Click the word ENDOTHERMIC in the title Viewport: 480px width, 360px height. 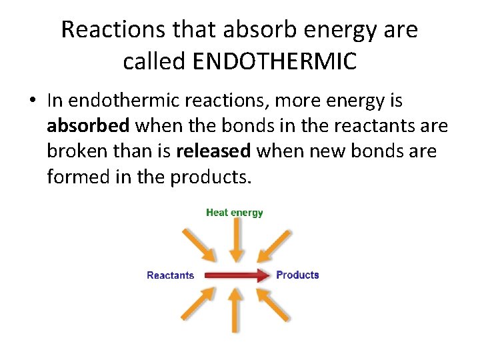pos(274,61)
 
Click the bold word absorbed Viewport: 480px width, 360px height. pos(88,126)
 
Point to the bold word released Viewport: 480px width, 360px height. pos(213,151)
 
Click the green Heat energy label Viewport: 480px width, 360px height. pos(235,213)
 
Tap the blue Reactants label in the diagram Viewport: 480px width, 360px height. pos(170,275)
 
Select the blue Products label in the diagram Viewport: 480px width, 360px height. pos(297,275)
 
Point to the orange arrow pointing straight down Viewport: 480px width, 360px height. pos(235,241)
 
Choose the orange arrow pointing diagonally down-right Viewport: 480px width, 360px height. pos(198,244)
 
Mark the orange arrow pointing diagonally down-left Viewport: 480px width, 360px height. pos(273,244)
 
